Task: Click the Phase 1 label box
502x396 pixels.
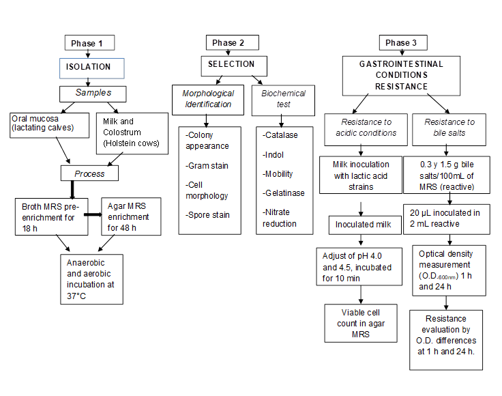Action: pos(88,43)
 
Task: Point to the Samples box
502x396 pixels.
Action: pos(93,93)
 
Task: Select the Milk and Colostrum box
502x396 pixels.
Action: pos(132,129)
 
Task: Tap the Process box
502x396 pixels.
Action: pos(89,173)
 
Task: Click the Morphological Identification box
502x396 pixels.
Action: pos(208,99)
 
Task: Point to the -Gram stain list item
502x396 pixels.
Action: pos(207,166)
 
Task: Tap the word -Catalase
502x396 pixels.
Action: pos(280,135)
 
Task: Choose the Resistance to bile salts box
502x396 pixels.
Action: pos(449,127)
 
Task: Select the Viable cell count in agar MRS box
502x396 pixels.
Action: pos(360,322)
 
